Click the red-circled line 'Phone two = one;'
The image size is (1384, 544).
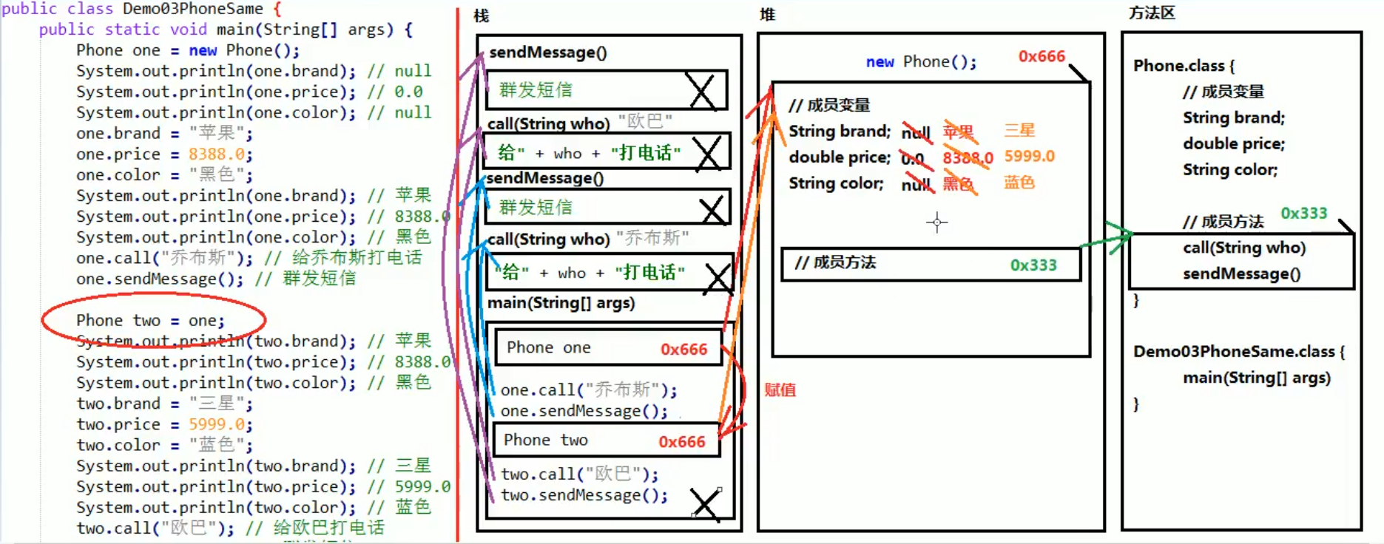pyautogui.click(x=150, y=320)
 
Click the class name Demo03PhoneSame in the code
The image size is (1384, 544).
pyautogui.click(x=192, y=9)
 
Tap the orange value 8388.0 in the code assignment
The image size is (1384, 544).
pyautogui.click(x=217, y=154)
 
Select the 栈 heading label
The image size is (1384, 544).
pyautogui.click(x=481, y=16)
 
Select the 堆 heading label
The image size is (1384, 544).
pyautogui.click(x=767, y=14)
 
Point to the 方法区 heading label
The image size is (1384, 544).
pyautogui.click(x=1151, y=13)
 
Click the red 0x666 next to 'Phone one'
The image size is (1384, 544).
pyautogui.click(x=683, y=349)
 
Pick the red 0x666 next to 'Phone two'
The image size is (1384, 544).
pyautogui.click(x=681, y=441)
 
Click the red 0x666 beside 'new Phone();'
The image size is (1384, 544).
pyautogui.click(x=1041, y=56)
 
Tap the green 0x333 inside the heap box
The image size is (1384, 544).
pyautogui.click(x=1033, y=265)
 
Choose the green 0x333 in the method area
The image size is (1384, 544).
pyautogui.click(x=1303, y=213)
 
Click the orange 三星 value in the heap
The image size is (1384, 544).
pyautogui.click(x=1019, y=130)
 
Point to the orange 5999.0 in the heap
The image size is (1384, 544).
pyautogui.click(x=1029, y=156)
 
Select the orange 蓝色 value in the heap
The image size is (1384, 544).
pyautogui.click(x=1019, y=182)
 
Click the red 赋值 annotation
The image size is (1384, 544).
pyautogui.click(x=780, y=390)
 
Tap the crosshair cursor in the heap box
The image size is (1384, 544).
pyautogui.click(x=936, y=222)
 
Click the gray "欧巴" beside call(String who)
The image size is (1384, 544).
pyautogui.click(x=645, y=120)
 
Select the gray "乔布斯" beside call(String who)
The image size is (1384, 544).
pyautogui.click(x=652, y=237)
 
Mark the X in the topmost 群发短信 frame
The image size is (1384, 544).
pyautogui.click(x=701, y=91)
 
